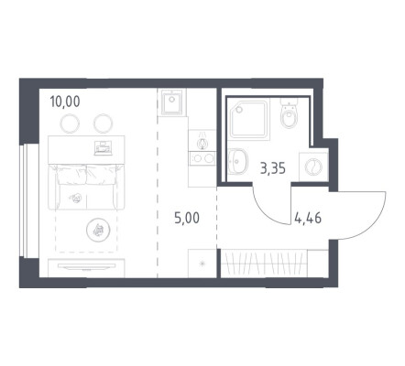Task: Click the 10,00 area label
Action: click(65, 102)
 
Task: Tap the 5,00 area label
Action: click(187, 218)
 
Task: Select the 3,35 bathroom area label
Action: click(273, 168)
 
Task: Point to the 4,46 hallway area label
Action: click(308, 219)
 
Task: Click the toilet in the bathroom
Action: click(289, 113)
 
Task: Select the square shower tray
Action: click(248, 119)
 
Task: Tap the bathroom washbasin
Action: click(237, 161)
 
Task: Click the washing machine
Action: click(313, 167)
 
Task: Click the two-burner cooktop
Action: click(202, 158)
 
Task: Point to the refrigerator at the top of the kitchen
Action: click(172, 102)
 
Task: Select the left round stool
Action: click(70, 124)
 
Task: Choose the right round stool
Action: click(104, 124)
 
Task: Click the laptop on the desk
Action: click(104, 148)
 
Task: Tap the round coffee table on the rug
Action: click(98, 231)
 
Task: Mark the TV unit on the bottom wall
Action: click(86, 268)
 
